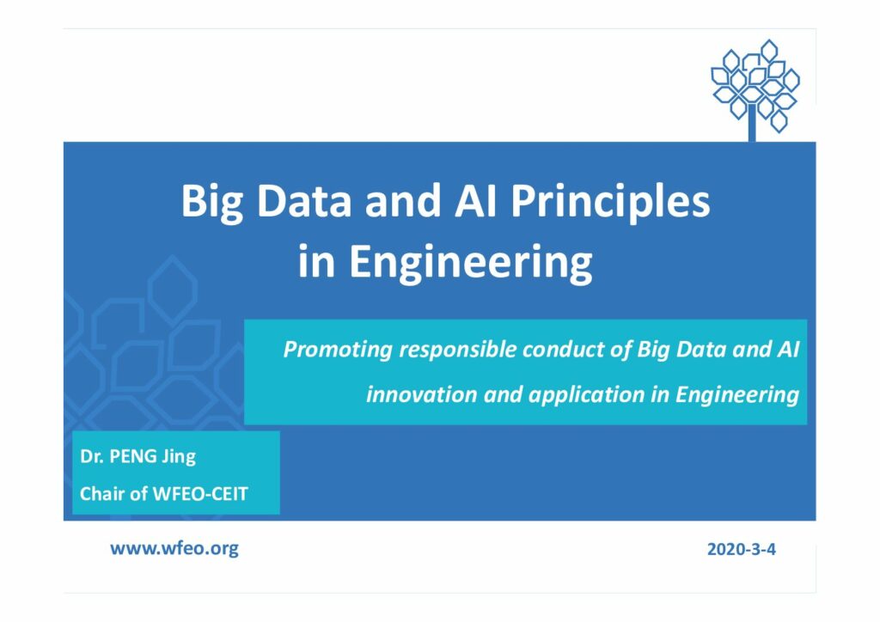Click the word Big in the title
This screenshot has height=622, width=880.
pyautogui.click(x=211, y=203)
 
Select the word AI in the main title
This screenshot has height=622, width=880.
pyautogui.click(x=475, y=201)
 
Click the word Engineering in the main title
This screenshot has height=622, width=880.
pyautogui.click(x=470, y=263)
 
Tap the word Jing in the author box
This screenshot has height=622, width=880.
pyautogui.click(x=179, y=457)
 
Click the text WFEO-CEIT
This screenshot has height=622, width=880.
pyautogui.click(x=199, y=494)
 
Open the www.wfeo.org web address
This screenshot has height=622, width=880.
pyautogui.click(x=174, y=548)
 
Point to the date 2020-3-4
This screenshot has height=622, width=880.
pyautogui.click(x=742, y=549)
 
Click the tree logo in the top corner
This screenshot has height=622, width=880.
pyautogui.click(x=755, y=90)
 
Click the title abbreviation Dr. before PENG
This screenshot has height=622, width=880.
pyautogui.click(x=91, y=456)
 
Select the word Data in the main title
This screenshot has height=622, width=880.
pyautogui.click(x=303, y=201)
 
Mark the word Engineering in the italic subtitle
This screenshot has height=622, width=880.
pyautogui.click(x=736, y=395)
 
